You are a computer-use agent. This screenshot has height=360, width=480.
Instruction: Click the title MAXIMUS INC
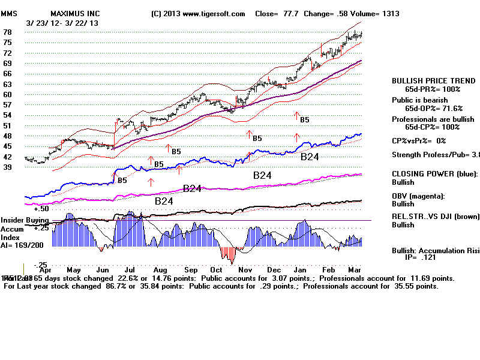tap(76, 13)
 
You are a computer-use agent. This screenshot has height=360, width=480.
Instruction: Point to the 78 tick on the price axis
tap(8, 32)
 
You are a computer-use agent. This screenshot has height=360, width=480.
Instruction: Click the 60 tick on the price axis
tap(8, 95)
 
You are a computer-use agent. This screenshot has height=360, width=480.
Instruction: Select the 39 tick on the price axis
tap(8, 167)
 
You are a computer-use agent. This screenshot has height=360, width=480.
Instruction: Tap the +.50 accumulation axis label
tap(41, 209)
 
